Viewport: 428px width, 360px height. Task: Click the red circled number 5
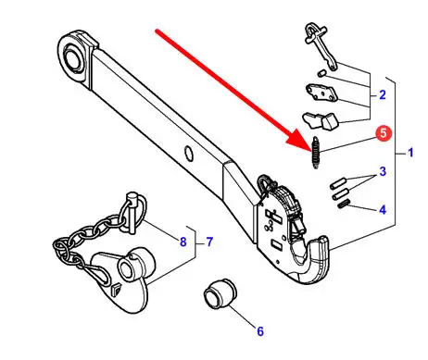[x=384, y=133]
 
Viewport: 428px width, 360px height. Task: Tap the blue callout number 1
[x=410, y=153]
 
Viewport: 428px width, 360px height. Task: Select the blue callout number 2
[x=383, y=94]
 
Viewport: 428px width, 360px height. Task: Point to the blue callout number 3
[x=383, y=171]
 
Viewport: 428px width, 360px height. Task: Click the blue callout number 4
[x=383, y=210]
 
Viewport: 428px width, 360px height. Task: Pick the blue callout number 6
[x=260, y=331]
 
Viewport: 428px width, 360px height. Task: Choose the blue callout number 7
[x=209, y=242]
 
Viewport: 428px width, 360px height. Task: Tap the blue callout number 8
[x=183, y=242]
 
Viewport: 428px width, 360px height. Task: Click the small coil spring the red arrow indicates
[x=316, y=153]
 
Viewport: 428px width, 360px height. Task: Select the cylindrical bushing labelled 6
[x=220, y=293]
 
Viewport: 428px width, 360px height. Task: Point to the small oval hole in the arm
[x=189, y=154]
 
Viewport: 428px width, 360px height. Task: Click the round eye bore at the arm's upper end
[x=72, y=56]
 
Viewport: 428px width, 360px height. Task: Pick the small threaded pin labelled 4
[x=343, y=204]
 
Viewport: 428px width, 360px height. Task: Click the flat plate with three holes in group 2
[x=321, y=93]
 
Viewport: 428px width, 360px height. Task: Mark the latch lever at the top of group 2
[x=321, y=46]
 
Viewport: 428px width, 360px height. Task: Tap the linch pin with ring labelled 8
[x=132, y=211]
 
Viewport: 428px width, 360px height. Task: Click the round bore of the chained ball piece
[x=126, y=268]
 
